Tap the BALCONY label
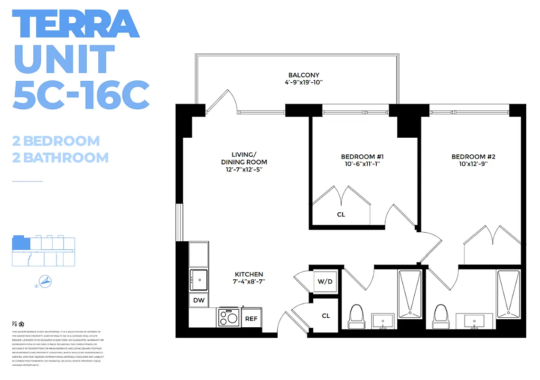[304, 75]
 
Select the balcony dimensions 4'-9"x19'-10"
[304, 83]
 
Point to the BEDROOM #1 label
[358, 157]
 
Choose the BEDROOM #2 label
[473, 157]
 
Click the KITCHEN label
[249, 275]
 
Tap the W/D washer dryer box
[325, 282]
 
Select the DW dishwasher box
[198, 300]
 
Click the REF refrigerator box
[251, 318]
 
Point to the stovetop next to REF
[228, 317]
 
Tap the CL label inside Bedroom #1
[341, 215]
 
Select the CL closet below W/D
[326, 315]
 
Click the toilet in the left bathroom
[356, 316]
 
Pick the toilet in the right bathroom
[441, 316]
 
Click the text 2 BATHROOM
[60, 157]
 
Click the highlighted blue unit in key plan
[20, 242]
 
